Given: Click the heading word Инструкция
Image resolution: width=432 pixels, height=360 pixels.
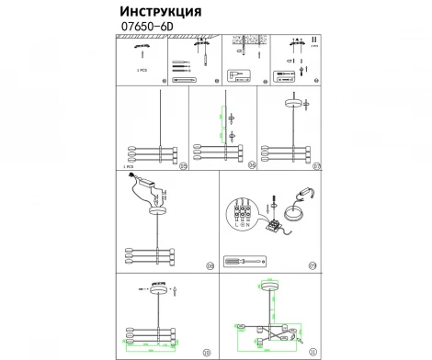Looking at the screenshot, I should tap(162, 11).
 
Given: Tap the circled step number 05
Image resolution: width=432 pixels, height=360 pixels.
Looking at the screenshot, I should tap(183, 166).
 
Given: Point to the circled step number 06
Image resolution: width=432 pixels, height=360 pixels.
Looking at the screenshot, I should tap(249, 166).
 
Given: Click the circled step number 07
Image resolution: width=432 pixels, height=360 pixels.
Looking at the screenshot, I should tap(315, 166).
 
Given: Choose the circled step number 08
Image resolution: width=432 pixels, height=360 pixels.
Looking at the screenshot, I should tap(209, 266).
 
